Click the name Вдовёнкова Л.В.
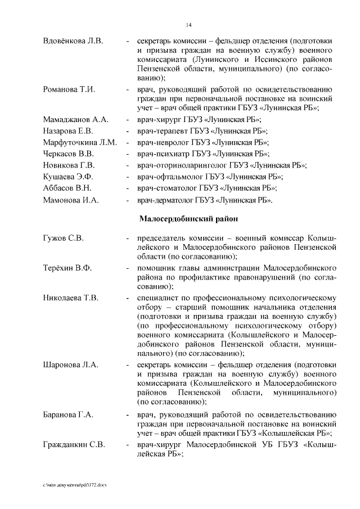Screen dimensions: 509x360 coord(73,41)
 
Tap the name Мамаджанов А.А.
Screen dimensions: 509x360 coord(75,120)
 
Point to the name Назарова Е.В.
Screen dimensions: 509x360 coord(67,131)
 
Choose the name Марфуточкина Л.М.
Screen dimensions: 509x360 coord(80,142)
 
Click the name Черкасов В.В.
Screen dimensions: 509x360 coord(69,154)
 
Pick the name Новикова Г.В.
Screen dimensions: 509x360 coord(69,165)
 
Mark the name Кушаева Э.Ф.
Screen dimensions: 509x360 coord(67,176)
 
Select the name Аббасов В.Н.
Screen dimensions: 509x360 coord(67,187)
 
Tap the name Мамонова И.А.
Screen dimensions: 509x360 coord(71,199)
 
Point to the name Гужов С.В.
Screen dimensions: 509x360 coord(63,238)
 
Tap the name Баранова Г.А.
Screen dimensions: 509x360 coord(68,415)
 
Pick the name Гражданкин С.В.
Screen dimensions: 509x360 coord(74,446)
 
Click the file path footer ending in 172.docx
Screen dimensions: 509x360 coord(74,485)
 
